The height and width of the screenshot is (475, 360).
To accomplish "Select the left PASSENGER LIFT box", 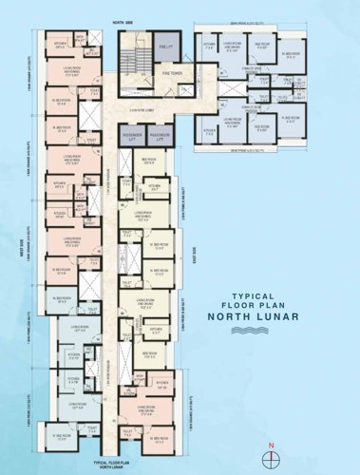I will pos(129,138).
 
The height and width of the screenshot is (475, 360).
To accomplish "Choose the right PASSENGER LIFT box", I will pos(162,138).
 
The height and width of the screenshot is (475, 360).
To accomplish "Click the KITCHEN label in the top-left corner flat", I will pos(60,44).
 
